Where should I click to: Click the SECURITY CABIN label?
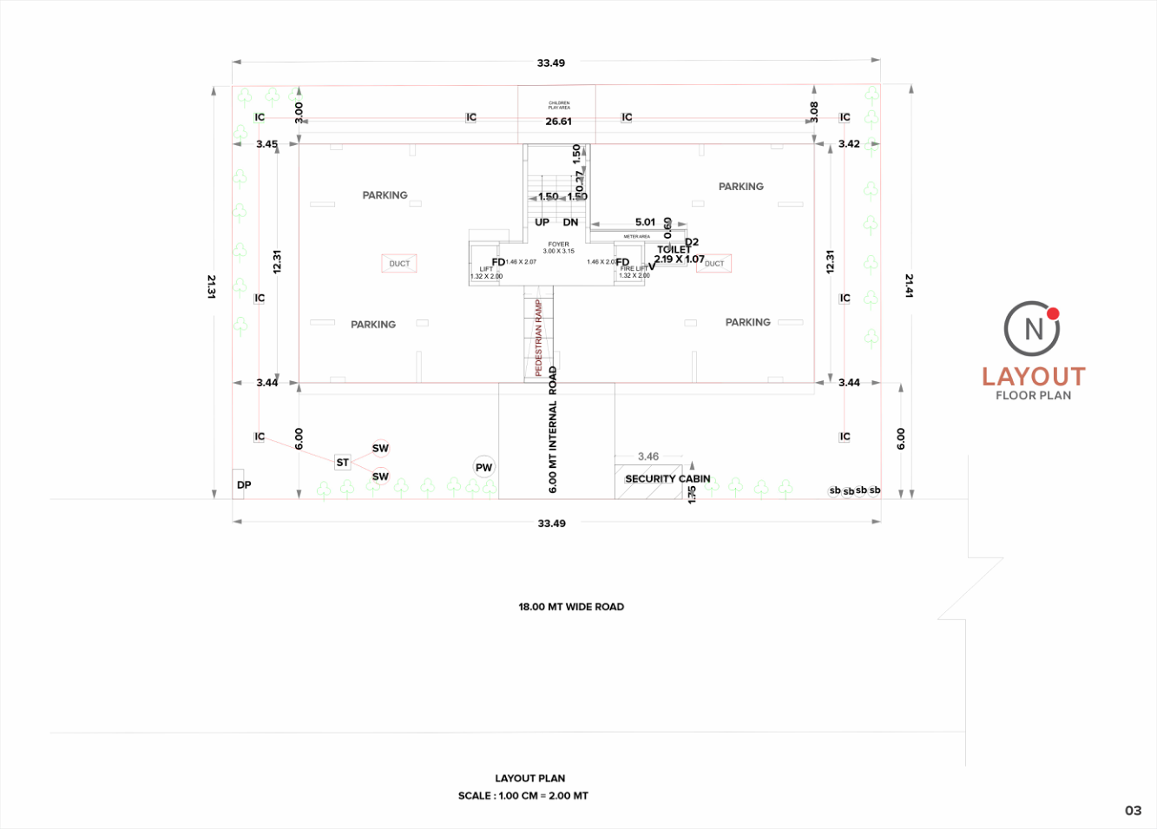point(667,478)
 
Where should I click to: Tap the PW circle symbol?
point(483,467)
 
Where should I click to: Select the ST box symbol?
point(342,463)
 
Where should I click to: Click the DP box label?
point(244,484)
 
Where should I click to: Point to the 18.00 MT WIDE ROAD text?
point(571,607)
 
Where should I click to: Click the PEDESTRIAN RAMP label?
point(538,338)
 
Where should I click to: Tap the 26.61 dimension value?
point(558,122)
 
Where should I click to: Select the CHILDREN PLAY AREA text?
point(559,105)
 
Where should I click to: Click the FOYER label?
point(559,245)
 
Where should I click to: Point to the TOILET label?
point(674,249)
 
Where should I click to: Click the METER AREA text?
point(636,236)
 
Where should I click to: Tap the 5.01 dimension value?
point(645,222)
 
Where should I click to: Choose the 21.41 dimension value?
point(909,286)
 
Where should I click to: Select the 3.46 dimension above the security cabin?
point(648,457)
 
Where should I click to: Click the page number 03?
point(1133,811)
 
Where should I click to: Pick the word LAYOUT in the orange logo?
point(1033,377)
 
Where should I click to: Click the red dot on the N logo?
point(1053,313)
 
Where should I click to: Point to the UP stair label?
point(542,222)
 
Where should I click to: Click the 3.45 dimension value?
point(266,144)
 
